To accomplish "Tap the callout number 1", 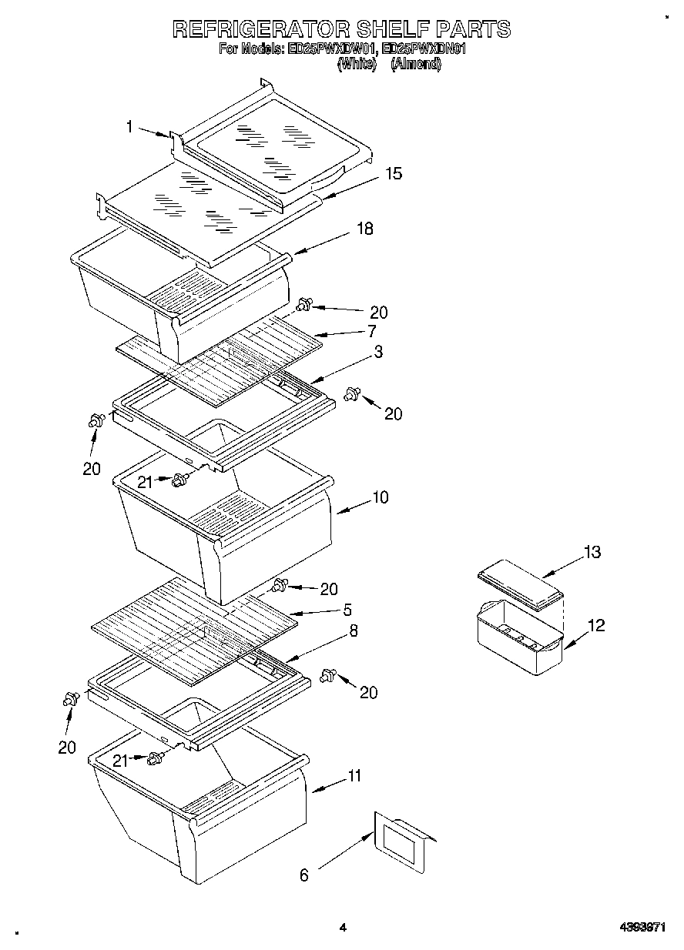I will click(x=130, y=127).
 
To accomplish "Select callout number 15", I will click(x=394, y=174).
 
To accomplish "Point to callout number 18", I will click(x=364, y=229).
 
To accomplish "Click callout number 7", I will click(x=371, y=331).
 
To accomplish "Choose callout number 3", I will click(x=378, y=351).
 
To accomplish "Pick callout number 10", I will click(x=380, y=497).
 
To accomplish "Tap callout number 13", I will click(x=592, y=552).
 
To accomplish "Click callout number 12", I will click(x=595, y=625).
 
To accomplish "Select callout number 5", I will click(x=347, y=610).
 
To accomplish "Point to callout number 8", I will click(x=353, y=631).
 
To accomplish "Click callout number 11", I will click(x=354, y=776).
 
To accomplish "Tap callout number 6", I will click(x=303, y=875).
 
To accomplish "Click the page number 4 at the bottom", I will click(x=343, y=928).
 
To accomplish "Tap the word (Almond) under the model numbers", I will click(x=416, y=65).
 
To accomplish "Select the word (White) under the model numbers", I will click(x=356, y=65).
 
